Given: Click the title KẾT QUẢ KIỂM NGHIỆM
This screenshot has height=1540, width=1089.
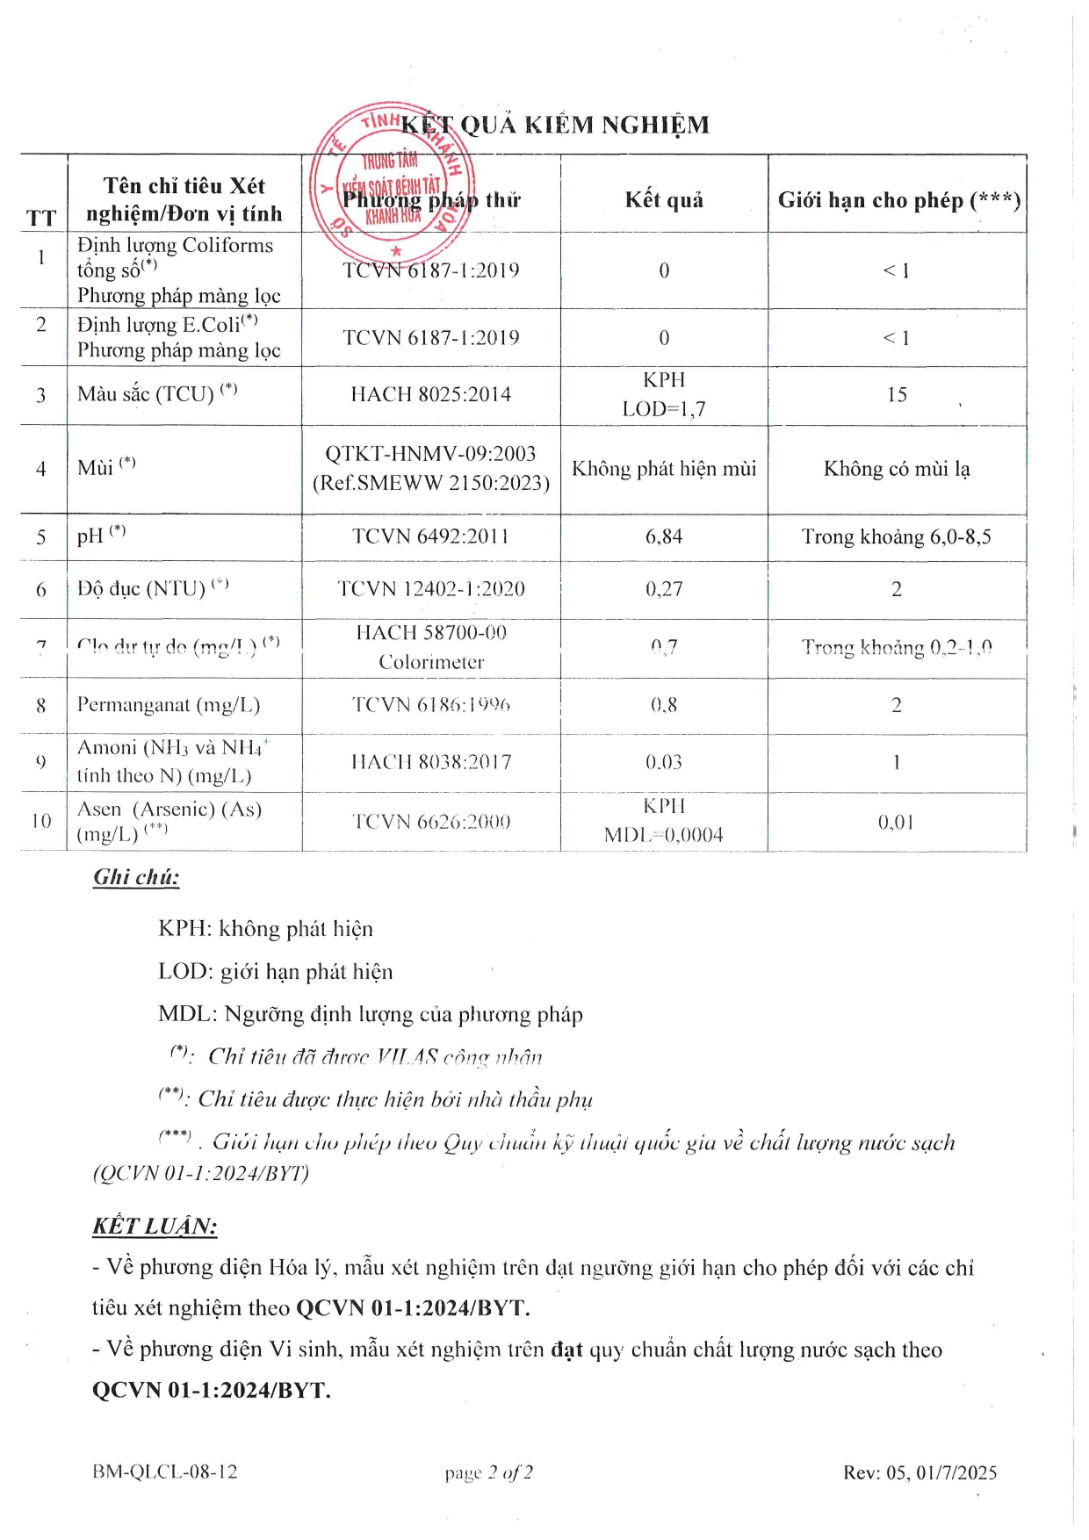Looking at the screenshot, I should (x=554, y=126).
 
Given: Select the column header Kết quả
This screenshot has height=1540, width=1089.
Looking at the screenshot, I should (x=664, y=200).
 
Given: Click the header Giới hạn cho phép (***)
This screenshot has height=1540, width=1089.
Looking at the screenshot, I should (x=898, y=200).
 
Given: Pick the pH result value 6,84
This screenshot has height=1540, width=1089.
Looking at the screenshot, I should (x=664, y=536).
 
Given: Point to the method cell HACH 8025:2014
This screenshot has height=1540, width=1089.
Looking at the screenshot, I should (x=430, y=395).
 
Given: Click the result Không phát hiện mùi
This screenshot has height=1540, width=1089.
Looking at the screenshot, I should (x=664, y=469).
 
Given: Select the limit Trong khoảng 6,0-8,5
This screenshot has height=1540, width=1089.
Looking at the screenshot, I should (x=896, y=536).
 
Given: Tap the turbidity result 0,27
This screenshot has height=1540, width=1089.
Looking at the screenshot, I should (x=664, y=589).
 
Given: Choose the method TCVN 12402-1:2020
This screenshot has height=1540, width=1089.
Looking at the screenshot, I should (x=430, y=589).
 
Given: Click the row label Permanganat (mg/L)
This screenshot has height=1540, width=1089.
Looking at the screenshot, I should (x=169, y=705).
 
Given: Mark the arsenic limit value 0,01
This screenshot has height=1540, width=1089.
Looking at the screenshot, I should (x=896, y=823).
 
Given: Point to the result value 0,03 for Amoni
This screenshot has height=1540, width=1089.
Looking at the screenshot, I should (x=664, y=762).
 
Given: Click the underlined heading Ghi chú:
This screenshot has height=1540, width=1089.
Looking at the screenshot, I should (x=136, y=877).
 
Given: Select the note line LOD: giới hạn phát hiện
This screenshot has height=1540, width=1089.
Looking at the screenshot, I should (x=275, y=972).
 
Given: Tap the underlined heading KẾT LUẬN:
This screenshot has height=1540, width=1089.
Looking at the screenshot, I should (x=155, y=1227).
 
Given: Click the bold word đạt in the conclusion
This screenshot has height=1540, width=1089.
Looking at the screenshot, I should (x=566, y=1349).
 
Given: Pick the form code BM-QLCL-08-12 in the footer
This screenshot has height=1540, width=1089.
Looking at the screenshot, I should (x=164, y=1472).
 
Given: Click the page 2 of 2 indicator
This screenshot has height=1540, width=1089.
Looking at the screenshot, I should (x=488, y=1472).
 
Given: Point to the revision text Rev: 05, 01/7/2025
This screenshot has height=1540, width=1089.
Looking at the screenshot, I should (x=920, y=1472).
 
